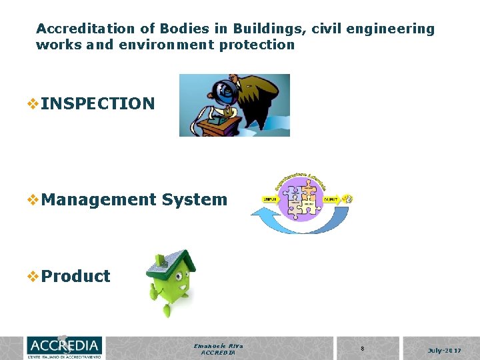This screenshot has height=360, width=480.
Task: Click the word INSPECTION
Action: coord(97,104)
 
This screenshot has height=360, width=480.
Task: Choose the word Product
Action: coord(75,276)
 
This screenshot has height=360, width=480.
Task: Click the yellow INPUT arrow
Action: coord(269,199)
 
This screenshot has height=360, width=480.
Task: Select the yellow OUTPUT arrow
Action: coord(331,199)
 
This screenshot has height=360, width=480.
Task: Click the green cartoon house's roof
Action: coord(171,262)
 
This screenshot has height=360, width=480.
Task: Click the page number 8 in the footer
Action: coord(362,349)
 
